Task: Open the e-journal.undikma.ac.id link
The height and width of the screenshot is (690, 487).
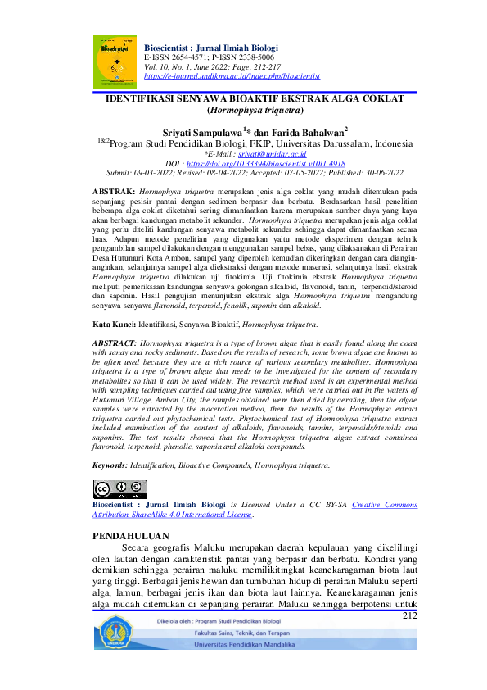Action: tap(232, 75)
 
